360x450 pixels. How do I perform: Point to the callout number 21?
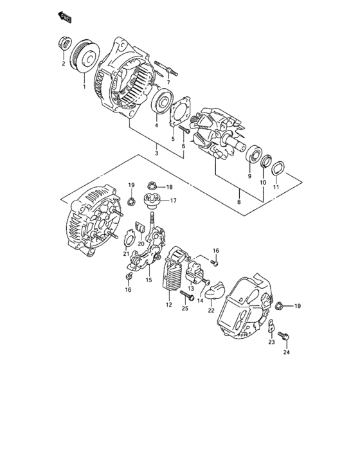point(127,255)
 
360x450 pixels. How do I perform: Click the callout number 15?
point(148,280)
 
